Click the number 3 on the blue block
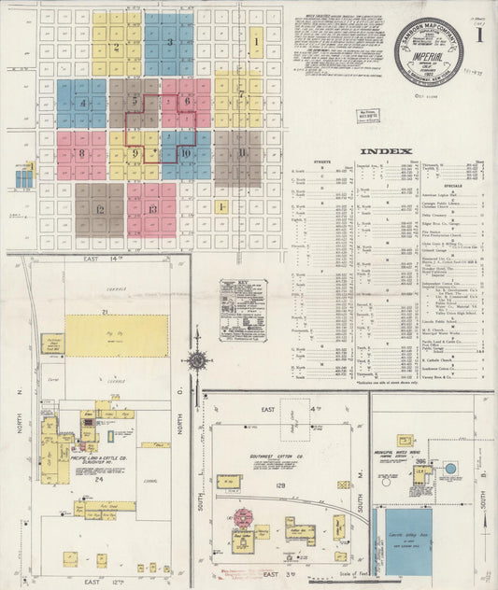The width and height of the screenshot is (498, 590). click(169, 42)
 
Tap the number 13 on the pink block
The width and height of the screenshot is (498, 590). click(151, 209)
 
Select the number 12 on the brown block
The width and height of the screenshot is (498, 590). click(99, 209)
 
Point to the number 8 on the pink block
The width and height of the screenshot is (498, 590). click(81, 153)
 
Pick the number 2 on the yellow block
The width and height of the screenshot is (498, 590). click(116, 46)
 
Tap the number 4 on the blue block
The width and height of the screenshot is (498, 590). click(83, 103)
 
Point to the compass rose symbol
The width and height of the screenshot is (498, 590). click(197, 359)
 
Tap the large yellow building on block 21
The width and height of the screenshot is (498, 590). click(117, 335)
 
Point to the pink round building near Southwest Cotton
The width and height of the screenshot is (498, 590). click(248, 516)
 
